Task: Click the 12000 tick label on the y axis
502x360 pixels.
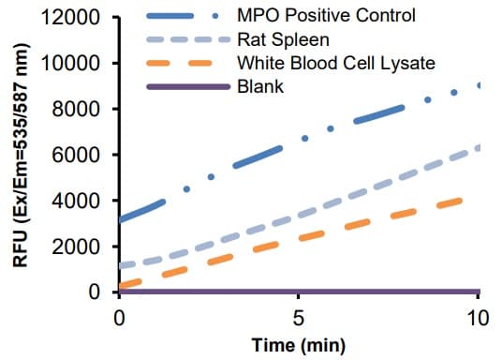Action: coord(79,18)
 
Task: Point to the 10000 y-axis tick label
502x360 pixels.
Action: coord(79,64)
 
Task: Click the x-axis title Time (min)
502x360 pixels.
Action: coord(299,344)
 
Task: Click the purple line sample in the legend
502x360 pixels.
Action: coord(188,87)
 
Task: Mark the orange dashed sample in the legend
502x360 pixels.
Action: coord(188,64)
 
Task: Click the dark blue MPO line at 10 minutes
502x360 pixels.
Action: coord(479,85)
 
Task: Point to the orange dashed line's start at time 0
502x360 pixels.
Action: coord(121,285)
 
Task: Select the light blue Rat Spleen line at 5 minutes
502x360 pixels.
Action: coord(299,217)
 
